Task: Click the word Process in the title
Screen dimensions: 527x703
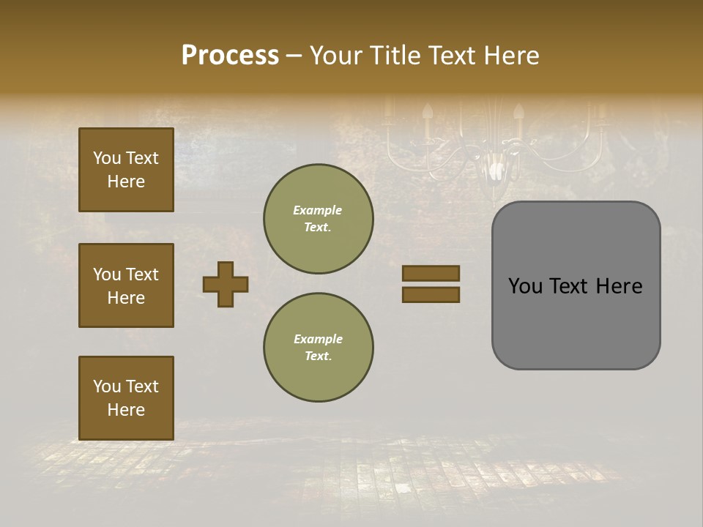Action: click(x=230, y=56)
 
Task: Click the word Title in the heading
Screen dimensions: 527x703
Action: click(x=392, y=56)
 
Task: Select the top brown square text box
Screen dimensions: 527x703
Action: click(x=126, y=170)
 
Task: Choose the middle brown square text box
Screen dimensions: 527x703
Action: click(x=126, y=285)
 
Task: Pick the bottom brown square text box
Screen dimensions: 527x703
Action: click(x=126, y=398)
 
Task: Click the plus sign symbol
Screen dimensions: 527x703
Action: click(x=226, y=284)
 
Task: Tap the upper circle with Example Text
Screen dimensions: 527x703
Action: click(x=318, y=219)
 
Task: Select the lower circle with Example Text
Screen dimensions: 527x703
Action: click(x=318, y=348)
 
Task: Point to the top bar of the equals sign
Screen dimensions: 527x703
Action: click(x=431, y=273)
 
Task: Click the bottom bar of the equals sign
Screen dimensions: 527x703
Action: click(x=431, y=294)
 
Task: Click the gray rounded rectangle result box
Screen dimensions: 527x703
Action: click(x=576, y=322)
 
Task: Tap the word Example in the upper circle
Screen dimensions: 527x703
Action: click(x=318, y=210)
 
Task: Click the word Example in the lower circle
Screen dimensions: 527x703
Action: click(x=318, y=339)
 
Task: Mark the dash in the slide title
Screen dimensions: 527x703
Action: click(x=294, y=56)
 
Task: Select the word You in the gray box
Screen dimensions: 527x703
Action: click(x=526, y=286)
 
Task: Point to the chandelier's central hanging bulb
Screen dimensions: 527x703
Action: click(x=497, y=170)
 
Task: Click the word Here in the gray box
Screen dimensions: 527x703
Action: click(x=619, y=286)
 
